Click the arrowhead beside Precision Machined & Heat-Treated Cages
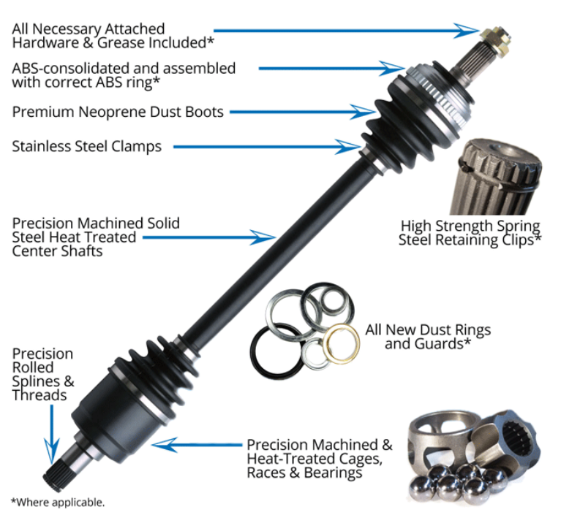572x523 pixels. click(162, 443)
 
